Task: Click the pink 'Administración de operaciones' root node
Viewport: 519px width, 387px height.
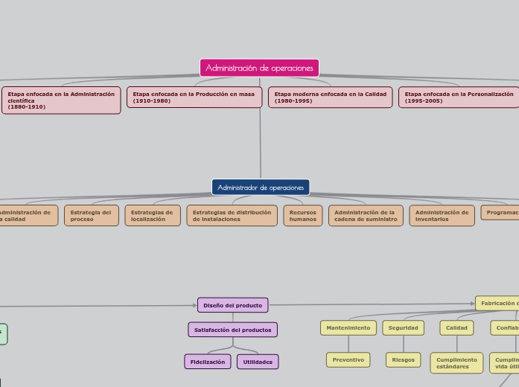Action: click(259, 68)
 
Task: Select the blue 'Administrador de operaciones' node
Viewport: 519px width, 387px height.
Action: click(261, 187)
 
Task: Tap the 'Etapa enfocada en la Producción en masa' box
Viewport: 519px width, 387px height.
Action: click(194, 97)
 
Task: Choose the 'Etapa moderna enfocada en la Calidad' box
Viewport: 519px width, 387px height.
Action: click(330, 97)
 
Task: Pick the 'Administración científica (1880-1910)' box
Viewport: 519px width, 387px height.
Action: click(61, 100)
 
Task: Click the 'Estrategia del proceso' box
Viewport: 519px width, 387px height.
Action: click(91, 216)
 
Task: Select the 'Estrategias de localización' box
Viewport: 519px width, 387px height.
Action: click(152, 216)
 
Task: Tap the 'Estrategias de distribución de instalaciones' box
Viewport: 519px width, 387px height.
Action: click(232, 216)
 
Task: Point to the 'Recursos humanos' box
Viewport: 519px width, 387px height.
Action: click(302, 216)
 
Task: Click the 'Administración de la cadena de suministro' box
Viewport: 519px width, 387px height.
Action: click(365, 216)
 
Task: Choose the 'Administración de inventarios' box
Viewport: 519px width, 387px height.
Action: click(442, 216)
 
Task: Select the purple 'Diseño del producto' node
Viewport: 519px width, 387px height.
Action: click(232, 305)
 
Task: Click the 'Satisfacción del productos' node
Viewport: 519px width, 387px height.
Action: click(232, 329)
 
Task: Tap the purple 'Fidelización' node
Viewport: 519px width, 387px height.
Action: click(207, 362)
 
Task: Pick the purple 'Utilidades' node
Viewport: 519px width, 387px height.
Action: click(258, 362)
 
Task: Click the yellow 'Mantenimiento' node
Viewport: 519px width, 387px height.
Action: click(348, 327)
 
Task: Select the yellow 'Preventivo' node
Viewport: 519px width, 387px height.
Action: click(348, 359)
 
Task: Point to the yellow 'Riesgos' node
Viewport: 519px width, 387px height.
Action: click(403, 359)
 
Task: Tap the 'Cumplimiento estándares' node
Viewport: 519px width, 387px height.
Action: click(456, 362)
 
